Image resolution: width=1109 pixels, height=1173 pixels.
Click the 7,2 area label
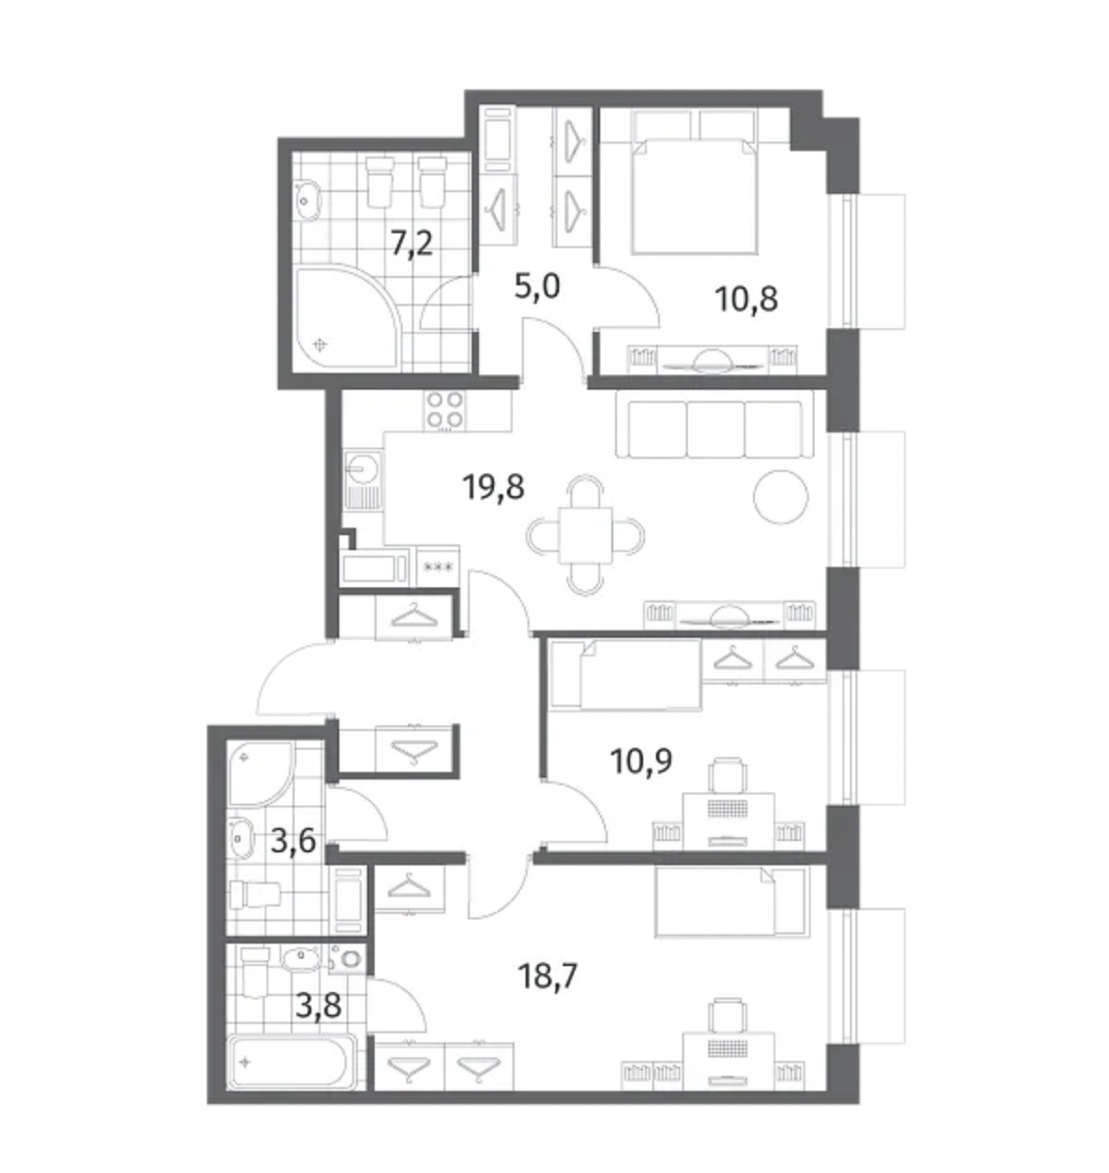point(412,243)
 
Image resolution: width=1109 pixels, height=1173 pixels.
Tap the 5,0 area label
point(537,286)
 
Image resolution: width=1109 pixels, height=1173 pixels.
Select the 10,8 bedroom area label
point(746,299)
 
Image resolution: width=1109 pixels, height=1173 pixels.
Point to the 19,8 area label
point(493,487)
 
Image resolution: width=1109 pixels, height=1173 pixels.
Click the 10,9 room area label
point(641,761)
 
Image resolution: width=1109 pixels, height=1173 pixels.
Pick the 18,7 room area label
point(548,976)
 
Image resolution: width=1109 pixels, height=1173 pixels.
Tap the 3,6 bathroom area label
point(293,841)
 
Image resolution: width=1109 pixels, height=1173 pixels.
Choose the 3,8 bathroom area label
point(319,1005)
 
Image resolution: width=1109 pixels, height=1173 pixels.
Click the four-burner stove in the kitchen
point(445,410)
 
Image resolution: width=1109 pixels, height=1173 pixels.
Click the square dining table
point(585,535)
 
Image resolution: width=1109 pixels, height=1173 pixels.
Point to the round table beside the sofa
point(780,496)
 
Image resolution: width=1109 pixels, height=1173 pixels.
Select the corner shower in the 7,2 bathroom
point(347,317)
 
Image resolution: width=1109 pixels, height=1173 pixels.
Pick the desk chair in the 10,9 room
point(727,775)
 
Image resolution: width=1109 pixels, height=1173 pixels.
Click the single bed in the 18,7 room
point(732,902)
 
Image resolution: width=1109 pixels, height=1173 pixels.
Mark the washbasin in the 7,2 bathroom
point(308,200)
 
